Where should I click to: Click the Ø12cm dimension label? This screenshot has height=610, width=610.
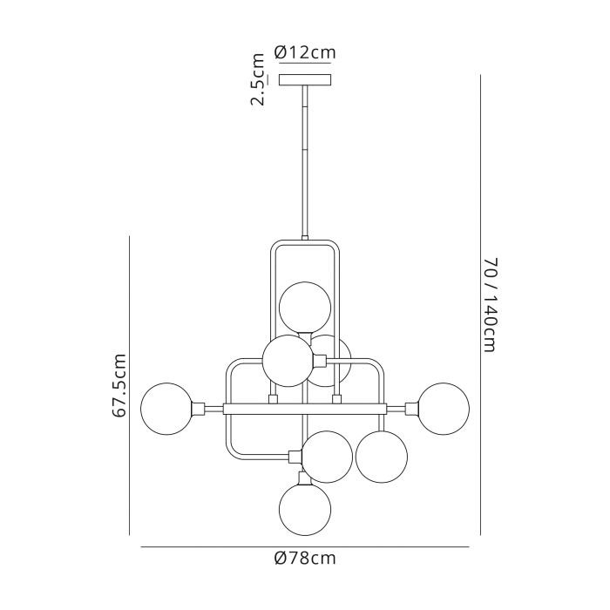tap(305, 52)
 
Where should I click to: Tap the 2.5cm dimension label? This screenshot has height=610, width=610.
tap(258, 79)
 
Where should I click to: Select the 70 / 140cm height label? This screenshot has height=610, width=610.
tap(491, 305)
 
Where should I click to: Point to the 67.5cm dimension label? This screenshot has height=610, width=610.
tap(119, 385)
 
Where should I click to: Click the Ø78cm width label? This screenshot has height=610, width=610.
tap(305, 558)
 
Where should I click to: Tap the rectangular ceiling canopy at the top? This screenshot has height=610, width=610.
tap(305, 80)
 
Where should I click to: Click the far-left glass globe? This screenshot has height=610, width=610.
tap(167, 409)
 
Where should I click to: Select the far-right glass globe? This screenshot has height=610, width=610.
tap(444, 409)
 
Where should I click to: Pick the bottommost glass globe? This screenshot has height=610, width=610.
tap(305, 509)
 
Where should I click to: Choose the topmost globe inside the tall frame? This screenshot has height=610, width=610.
tap(305, 308)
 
